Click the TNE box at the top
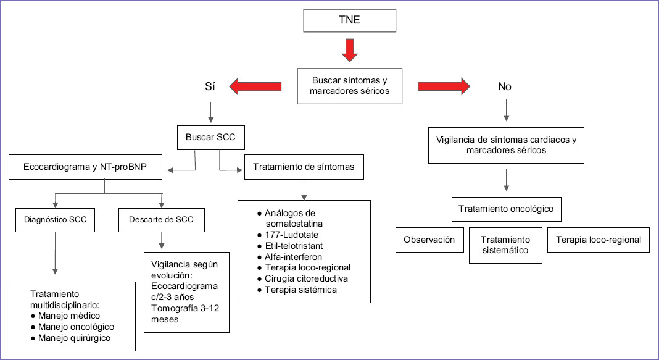point(349,21)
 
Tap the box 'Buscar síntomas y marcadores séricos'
point(350,86)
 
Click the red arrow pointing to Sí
point(255,87)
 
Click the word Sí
point(210,87)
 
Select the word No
point(505,87)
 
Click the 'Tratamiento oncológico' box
point(506,209)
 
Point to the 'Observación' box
point(429,240)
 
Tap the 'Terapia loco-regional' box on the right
point(598,240)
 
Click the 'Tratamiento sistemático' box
point(505,245)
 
